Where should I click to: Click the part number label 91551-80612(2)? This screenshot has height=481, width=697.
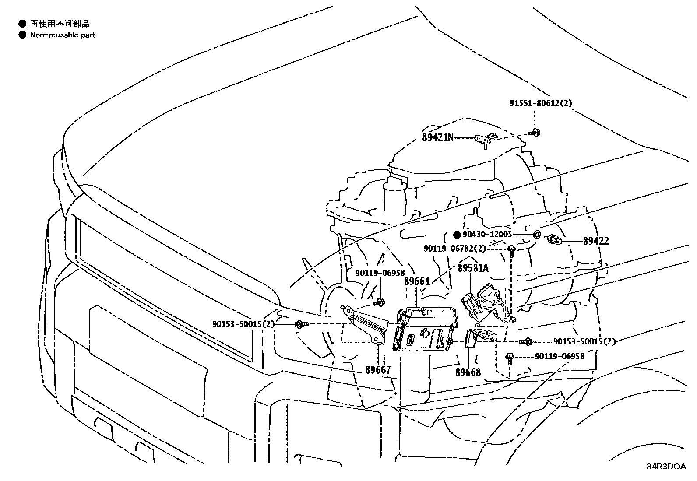pyautogui.click(x=541, y=103)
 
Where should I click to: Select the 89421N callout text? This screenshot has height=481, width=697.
pyautogui.click(x=437, y=137)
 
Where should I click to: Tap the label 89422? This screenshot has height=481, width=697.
pyautogui.click(x=595, y=241)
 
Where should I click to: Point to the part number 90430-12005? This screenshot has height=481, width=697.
pyautogui.click(x=487, y=235)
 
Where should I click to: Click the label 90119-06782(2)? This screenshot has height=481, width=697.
pyautogui.click(x=454, y=249)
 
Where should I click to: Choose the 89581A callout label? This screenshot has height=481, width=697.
pyautogui.click(x=473, y=268)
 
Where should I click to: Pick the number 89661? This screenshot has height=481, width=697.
pyautogui.click(x=417, y=281)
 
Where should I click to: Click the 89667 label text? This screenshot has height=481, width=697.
pyautogui.click(x=378, y=370)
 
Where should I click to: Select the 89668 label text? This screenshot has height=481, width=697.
pyautogui.click(x=468, y=372)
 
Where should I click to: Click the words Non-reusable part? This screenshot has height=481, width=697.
pyautogui.click(x=63, y=35)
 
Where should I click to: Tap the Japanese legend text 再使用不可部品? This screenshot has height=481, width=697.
pyautogui.click(x=60, y=24)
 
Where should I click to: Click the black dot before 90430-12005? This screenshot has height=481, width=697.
pyautogui.click(x=457, y=235)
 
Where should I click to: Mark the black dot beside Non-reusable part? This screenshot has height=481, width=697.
pyautogui.click(x=22, y=35)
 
